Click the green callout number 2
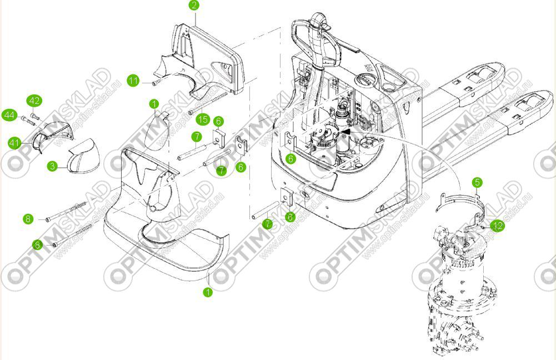(x=193, y=6)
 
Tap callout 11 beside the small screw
(x=133, y=81)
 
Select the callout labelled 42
(x=34, y=101)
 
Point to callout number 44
(x=9, y=115)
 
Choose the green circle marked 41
(x=14, y=143)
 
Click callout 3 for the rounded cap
(x=52, y=166)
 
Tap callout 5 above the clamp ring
(x=478, y=182)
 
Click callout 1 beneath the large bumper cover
(x=208, y=291)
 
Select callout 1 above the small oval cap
(x=154, y=104)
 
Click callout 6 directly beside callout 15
(x=219, y=121)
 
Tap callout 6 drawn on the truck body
(x=291, y=158)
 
